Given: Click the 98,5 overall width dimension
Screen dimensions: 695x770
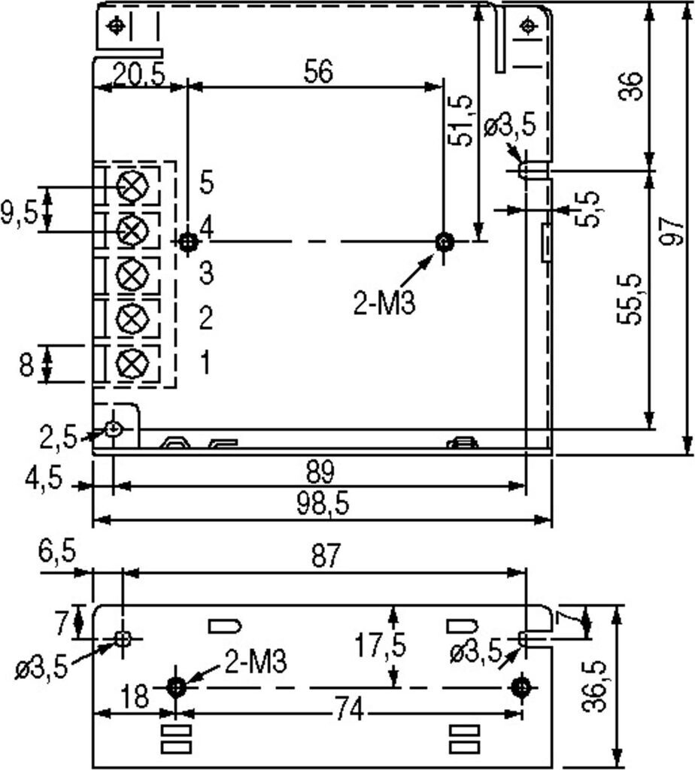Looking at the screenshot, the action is [323, 504].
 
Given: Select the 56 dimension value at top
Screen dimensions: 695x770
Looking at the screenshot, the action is [318, 71].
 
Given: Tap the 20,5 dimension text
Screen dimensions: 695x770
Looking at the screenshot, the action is [139, 75].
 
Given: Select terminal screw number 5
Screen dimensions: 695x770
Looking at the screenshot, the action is [132, 187].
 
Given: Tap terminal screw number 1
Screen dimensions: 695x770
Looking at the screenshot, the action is [132, 363].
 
